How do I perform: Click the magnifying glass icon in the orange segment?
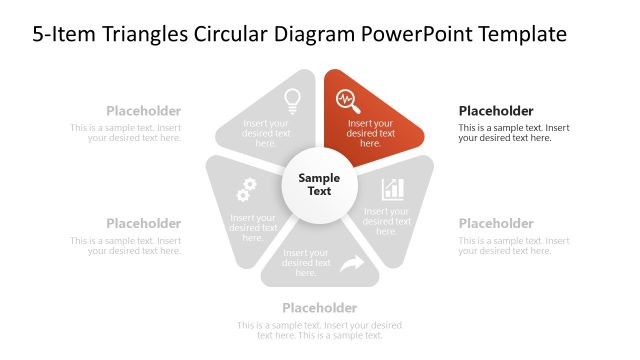coord(347,99)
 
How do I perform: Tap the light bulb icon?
coord(292,99)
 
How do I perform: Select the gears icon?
coord(246,189)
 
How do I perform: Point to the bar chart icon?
coord(393,189)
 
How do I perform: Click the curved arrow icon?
coord(351,264)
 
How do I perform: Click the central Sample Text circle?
coord(319,184)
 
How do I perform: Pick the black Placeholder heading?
coord(496,111)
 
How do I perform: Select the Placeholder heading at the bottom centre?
coord(319,307)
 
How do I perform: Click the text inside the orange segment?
coord(371,133)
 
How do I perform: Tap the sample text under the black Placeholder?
coord(514,133)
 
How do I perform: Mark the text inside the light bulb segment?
coord(266,133)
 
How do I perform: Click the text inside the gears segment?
coord(253,227)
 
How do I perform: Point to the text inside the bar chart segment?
coord(386,221)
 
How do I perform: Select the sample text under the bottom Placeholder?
coord(319,330)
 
